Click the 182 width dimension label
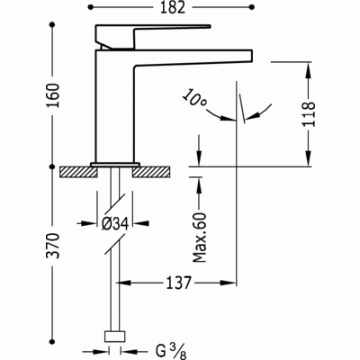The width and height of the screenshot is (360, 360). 173,7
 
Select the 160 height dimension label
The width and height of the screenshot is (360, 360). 53,95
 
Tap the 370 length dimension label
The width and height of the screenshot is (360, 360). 53,246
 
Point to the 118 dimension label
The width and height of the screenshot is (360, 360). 310,114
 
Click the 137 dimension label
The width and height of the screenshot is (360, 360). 178,283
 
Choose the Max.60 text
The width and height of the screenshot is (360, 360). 200,238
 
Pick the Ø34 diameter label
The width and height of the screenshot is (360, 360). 115,223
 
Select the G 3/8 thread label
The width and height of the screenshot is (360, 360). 171,351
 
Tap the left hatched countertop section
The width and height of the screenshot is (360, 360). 78,172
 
